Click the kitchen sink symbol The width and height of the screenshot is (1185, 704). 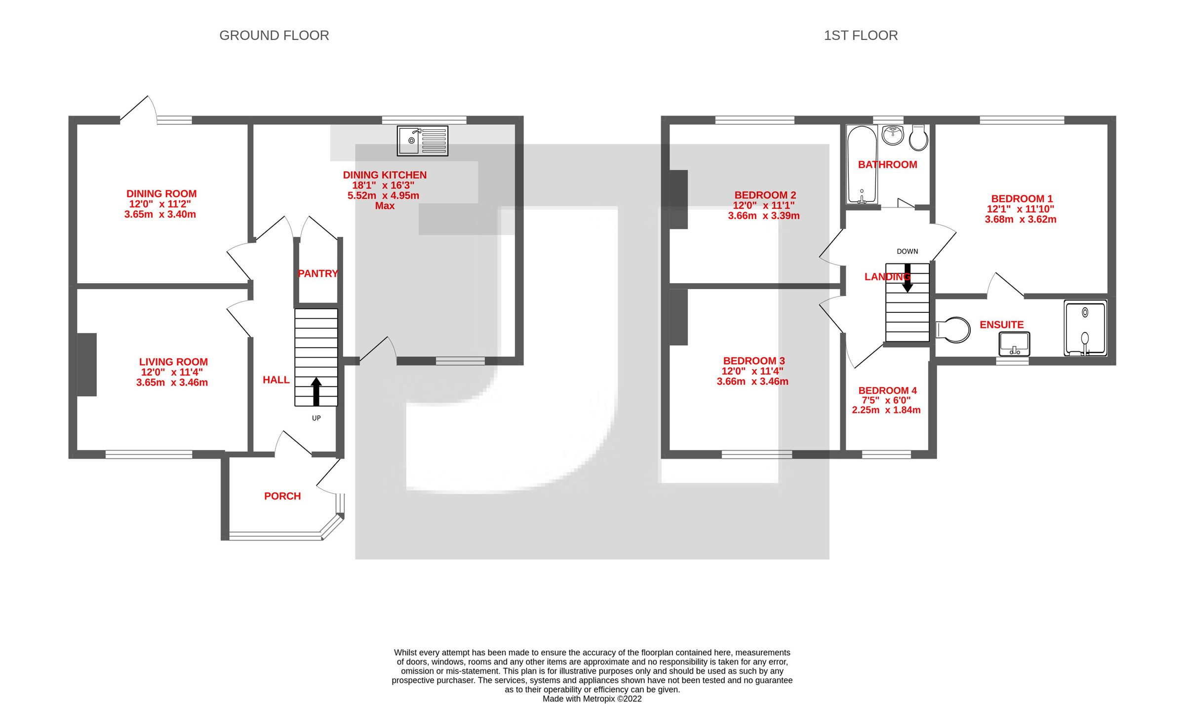point(423,141)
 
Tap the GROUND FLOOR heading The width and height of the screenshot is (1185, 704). point(274,36)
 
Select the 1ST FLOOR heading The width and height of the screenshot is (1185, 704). point(861,36)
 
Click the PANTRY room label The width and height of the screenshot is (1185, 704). point(318,273)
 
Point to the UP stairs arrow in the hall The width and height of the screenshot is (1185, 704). point(316,391)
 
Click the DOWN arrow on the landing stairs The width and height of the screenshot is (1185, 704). point(908,278)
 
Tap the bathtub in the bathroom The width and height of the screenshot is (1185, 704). point(862,164)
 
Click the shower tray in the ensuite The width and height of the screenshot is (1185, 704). point(1085,328)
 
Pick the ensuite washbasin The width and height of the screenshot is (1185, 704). point(1014,343)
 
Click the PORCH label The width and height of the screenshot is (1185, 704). point(282,496)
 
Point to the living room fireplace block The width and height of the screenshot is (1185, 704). point(87,365)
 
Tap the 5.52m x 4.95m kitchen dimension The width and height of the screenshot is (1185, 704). point(383,195)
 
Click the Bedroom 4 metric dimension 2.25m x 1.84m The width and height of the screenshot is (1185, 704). point(886,410)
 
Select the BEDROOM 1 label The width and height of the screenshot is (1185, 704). point(1022,199)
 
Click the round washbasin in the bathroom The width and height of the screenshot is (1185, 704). point(892,135)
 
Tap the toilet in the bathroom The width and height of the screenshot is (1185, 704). point(918,138)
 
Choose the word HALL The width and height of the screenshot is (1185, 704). point(276,380)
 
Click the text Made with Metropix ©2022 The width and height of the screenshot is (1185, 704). point(592,699)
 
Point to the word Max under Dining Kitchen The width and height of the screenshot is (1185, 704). point(385,206)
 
